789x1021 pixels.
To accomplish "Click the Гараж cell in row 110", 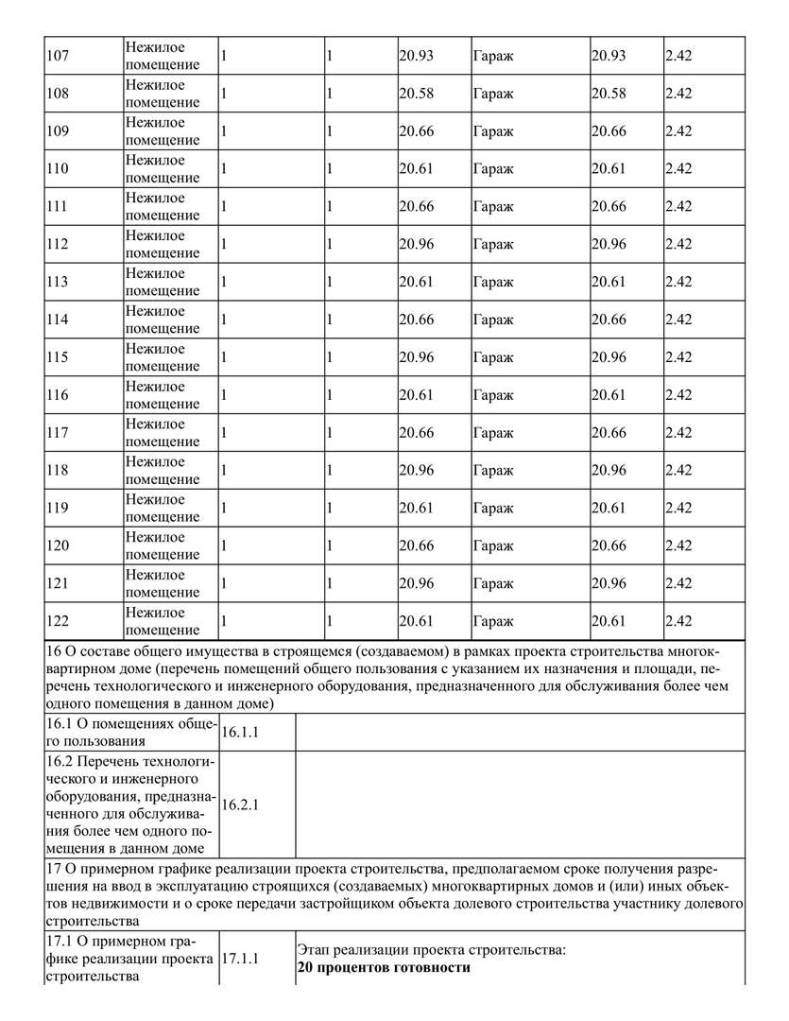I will click(492, 169).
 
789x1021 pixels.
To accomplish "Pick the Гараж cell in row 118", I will click(492, 471).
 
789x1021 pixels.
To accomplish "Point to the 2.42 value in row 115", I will click(678, 357).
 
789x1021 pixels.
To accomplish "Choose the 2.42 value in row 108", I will click(678, 94).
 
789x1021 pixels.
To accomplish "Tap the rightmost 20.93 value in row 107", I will click(609, 56).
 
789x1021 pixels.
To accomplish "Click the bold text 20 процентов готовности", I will click(383, 968).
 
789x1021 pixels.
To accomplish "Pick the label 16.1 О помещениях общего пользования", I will click(131, 733).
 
